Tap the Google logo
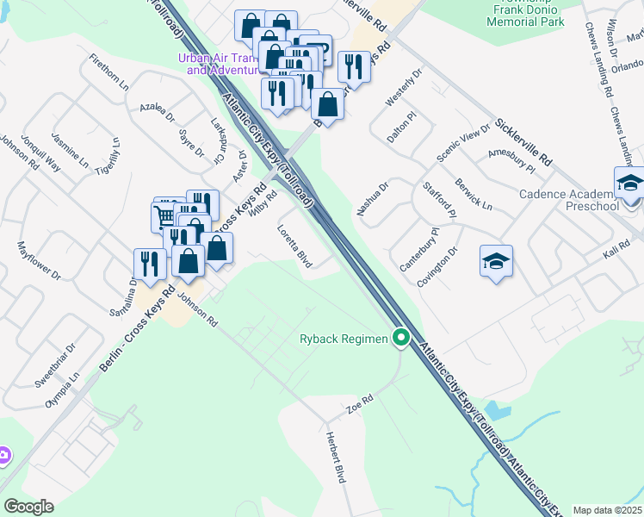(x=28, y=507)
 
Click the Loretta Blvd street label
(x=294, y=246)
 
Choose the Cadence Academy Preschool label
(x=568, y=200)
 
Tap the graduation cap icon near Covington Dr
(x=497, y=261)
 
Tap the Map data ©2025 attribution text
(x=607, y=510)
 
